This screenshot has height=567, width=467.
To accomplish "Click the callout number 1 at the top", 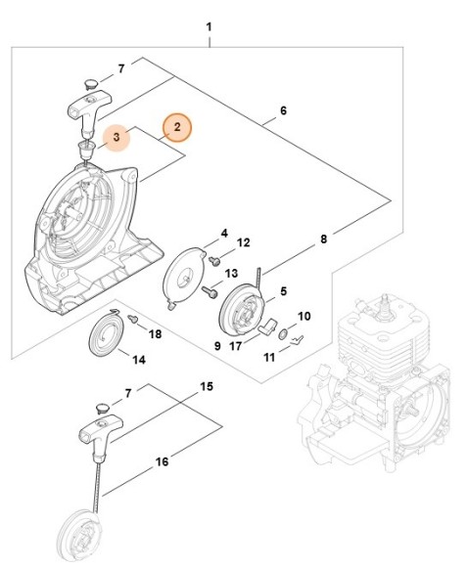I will click(209, 16).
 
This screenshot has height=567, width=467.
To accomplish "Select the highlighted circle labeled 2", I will click(177, 127).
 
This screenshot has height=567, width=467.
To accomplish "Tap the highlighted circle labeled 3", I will click(117, 138).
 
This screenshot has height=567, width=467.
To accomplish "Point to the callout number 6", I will click(283, 111).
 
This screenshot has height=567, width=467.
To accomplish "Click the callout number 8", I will click(324, 238).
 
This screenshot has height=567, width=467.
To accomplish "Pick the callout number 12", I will click(244, 241).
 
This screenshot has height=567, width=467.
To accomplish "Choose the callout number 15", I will click(207, 387).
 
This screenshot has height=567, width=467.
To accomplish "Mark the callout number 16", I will click(163, 461).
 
